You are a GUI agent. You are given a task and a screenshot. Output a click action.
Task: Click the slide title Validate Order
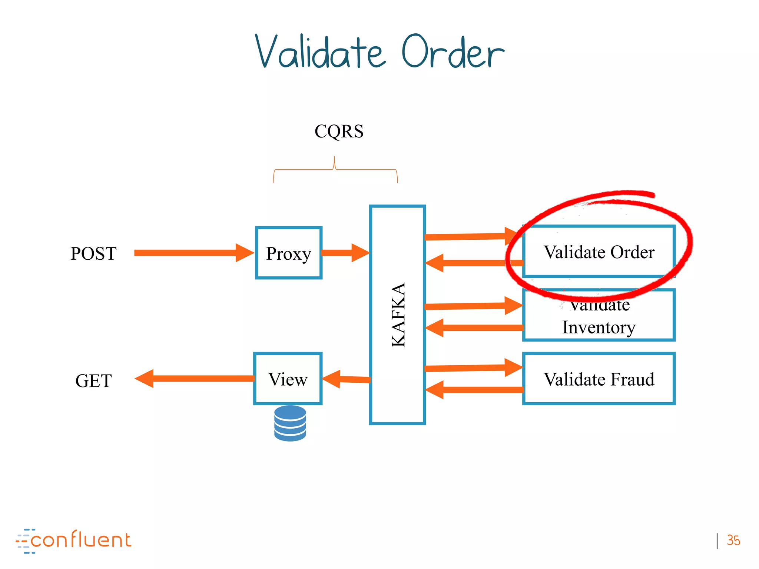379,52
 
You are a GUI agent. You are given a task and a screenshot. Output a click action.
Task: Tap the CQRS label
339,131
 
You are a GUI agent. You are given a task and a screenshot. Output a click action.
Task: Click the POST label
93,254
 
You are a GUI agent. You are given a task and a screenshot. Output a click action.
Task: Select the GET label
93,381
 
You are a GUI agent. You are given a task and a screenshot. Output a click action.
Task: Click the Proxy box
289,253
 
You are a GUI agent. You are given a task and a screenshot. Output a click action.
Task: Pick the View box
288,379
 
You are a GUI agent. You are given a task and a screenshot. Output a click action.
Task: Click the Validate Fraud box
599,379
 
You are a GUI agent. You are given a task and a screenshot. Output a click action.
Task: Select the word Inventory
599,327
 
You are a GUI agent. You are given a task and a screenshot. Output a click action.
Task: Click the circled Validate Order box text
599,252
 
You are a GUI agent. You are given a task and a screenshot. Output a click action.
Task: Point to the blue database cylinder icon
290,423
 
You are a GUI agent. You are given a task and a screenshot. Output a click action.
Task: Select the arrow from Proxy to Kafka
345,253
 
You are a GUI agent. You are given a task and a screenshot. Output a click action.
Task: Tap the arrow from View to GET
196,379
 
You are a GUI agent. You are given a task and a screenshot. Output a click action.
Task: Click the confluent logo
74,540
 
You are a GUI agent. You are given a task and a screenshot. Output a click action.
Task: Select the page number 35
733,540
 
